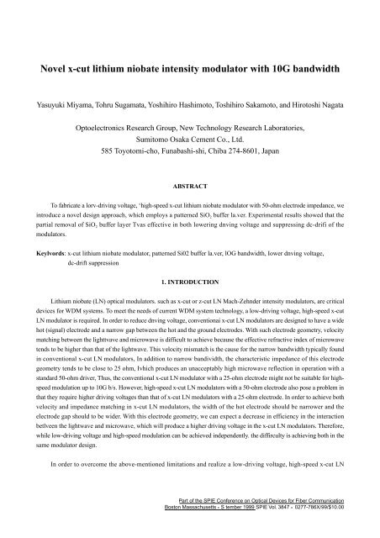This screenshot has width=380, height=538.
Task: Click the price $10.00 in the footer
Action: point(358,530)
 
